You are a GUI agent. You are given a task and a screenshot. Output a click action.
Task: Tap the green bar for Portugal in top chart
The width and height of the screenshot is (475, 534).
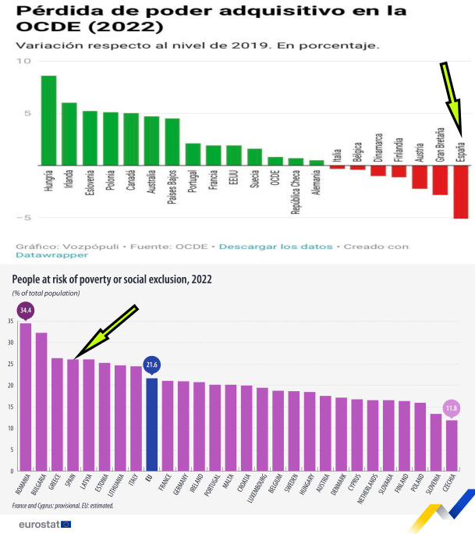(193, 155)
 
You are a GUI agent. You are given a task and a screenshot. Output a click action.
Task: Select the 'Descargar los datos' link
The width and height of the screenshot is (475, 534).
(275, 247)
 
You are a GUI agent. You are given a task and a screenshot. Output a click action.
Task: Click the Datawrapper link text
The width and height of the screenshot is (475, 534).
(41, 255)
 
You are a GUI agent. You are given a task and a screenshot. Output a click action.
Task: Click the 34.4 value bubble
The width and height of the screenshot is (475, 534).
(26, 310)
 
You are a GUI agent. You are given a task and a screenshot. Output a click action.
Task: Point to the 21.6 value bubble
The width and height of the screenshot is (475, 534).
(152, 365)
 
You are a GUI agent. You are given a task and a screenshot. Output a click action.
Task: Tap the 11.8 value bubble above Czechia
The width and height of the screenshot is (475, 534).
(452, 408)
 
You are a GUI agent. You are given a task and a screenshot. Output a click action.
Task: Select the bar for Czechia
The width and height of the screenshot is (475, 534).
(452, 445)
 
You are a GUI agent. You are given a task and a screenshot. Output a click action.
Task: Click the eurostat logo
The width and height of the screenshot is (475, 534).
(44, 524)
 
